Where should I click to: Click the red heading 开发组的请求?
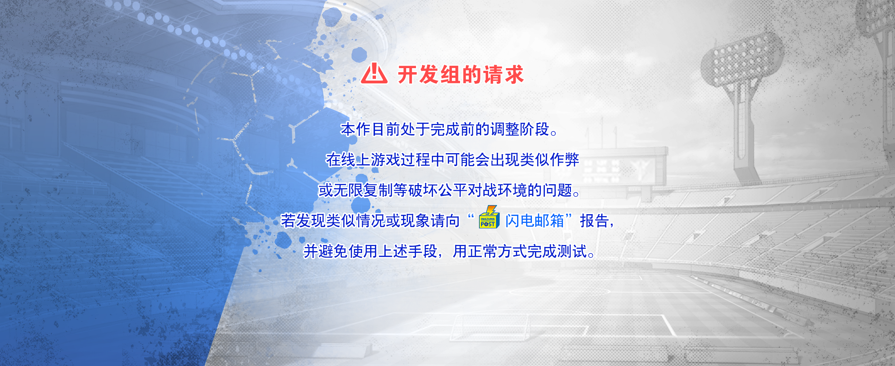pos(461,74)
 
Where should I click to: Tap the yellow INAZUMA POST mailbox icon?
pos(489,217)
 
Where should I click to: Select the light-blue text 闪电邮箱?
pos(534,221)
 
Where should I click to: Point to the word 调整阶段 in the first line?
pos(520,129)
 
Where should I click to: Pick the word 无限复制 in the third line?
pos(363,190)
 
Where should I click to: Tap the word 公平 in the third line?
pos(453,190)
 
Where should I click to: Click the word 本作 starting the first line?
pos(355,129)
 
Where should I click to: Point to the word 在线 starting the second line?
pos(340,160)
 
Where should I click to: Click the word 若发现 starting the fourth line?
pos(303,221)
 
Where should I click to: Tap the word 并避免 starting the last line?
pos(325,251)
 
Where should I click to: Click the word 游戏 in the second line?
pos(385,160)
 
